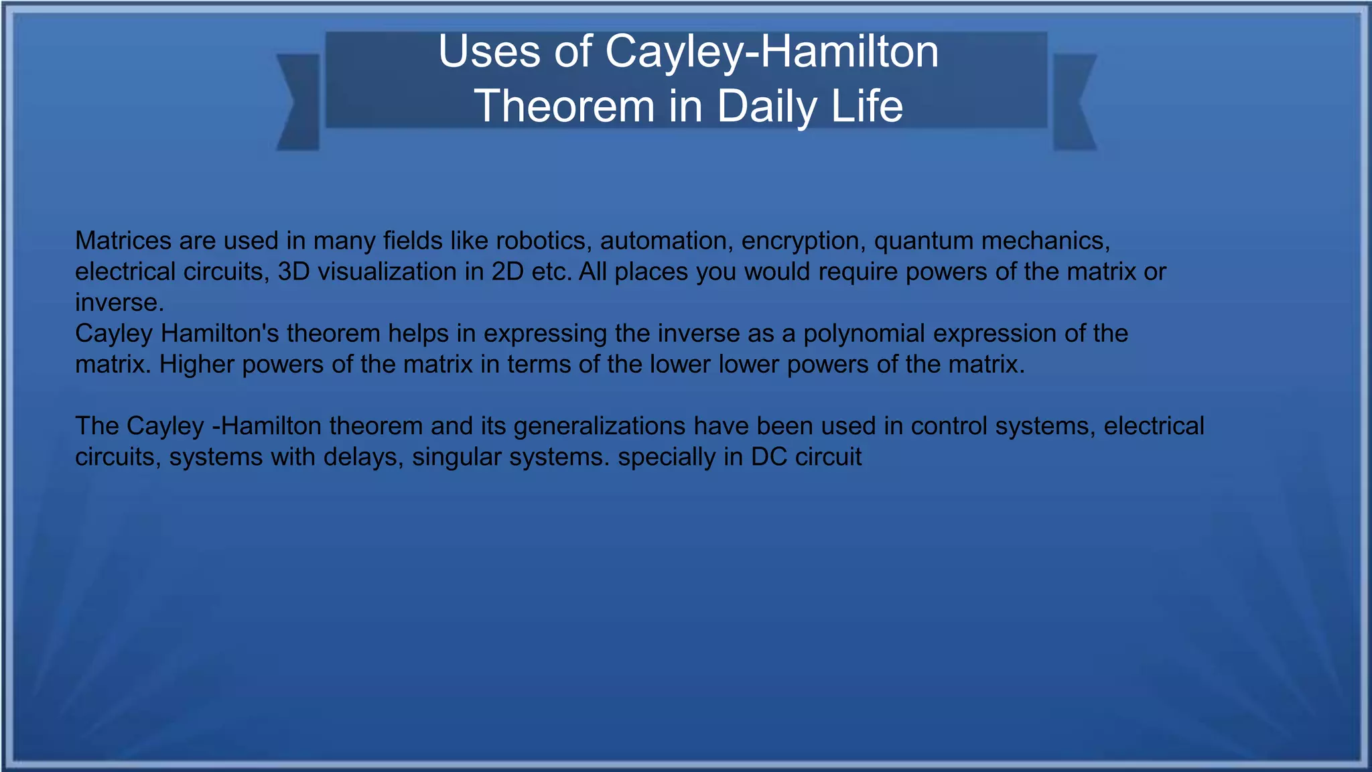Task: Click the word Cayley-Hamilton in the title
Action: pyautogui.click(x=772, y=52)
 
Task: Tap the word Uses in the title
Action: pyautogui.click(x=489, y=52)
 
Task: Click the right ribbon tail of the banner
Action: pyautogui.click(x=1073, y=102)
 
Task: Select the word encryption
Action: pyautogui.click(x=801, y=241)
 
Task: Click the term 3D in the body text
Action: pyautogui.click(x=293, y=271)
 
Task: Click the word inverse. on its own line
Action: pyautogui.click(x=119, y=302)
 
